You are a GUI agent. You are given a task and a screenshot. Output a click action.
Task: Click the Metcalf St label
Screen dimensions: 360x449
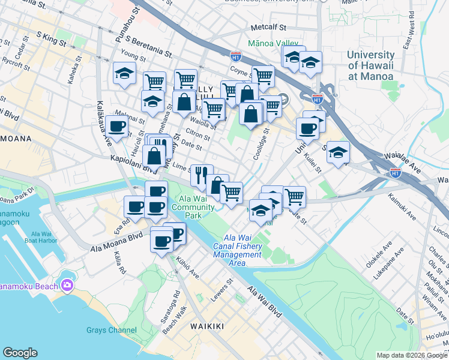pos(269,28)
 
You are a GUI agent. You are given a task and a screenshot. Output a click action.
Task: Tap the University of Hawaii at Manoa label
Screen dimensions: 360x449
pos(370,65)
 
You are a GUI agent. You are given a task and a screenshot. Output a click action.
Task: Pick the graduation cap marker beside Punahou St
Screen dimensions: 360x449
pos(124,74)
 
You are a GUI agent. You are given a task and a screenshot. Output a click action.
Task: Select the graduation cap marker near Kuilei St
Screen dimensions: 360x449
pos(339,152)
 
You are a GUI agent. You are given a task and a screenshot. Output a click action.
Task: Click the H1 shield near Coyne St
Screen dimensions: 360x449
pos(236,57)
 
